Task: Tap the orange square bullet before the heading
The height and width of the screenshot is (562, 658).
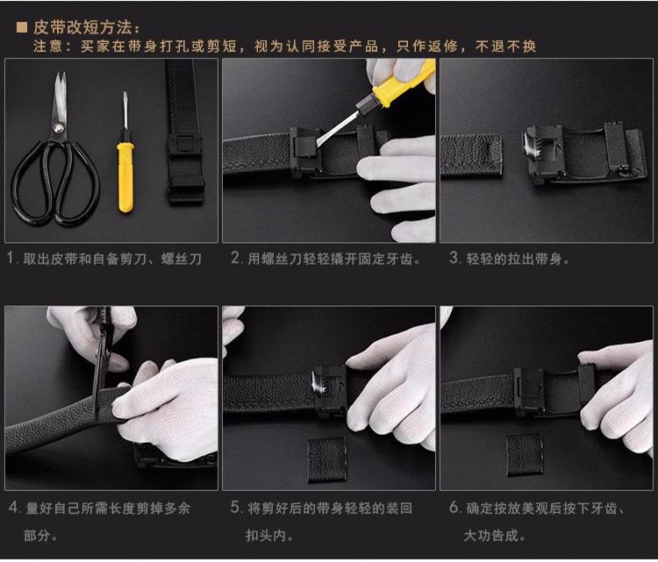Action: pyautogui.click(x=23, y=28)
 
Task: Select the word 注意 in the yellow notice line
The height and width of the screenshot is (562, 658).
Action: pyautogui.click(x=46, y=46)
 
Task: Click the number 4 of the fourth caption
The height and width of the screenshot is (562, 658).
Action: pyautogui.click(x=12, y=508)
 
